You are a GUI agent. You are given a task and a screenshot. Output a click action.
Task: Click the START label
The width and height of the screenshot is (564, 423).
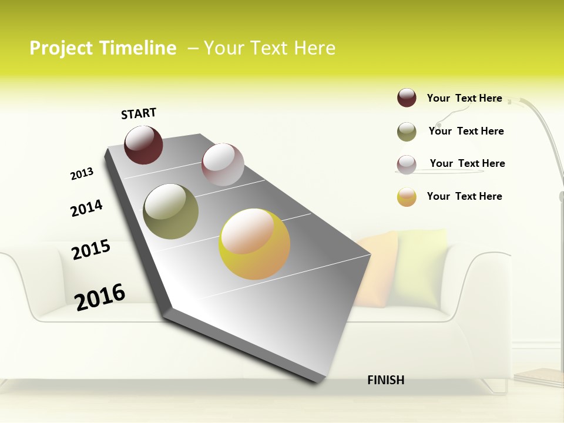(x=139, y=113)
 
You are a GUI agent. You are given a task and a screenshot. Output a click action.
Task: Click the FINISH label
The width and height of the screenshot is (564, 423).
(x=386, y=380)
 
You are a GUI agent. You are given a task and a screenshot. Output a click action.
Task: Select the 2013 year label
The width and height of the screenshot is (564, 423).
(x=82, y=173)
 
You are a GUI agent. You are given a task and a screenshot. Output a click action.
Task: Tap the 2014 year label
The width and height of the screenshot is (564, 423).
(x=86, y=208)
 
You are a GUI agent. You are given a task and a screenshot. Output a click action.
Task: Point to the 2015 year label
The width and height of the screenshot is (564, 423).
(x=91, y=250)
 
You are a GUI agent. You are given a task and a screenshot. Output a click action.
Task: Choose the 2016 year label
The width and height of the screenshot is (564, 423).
(x=100, y=297)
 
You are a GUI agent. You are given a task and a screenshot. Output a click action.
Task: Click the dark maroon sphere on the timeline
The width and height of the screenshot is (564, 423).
(x=143, y=145)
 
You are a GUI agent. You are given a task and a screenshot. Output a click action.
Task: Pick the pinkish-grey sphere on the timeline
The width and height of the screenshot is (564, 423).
(x=223, y=164)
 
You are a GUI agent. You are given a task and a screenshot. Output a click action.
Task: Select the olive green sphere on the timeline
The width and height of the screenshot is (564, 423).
(x=170, y=211)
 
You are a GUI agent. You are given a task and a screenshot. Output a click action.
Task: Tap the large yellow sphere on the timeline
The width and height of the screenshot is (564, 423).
(x=254, y=244)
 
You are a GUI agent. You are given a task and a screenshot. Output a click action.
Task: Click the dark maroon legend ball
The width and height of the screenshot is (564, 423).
(x=407, y=98)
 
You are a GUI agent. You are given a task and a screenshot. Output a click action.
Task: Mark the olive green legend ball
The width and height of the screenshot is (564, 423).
(x=407, y=132)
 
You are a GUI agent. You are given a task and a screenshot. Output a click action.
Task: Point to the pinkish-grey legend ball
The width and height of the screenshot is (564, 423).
(x=407, y=164)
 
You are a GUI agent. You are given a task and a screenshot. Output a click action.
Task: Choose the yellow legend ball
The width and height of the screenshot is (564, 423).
(x=407, y=197)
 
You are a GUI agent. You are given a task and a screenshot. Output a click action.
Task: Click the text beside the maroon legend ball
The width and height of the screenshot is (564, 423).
(x=464, y=98)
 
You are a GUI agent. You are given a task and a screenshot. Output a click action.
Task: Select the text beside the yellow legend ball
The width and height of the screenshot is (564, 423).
(x=464, y=196)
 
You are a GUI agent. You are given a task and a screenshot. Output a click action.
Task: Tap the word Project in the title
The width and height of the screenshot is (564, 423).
(x=61, y=48)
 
